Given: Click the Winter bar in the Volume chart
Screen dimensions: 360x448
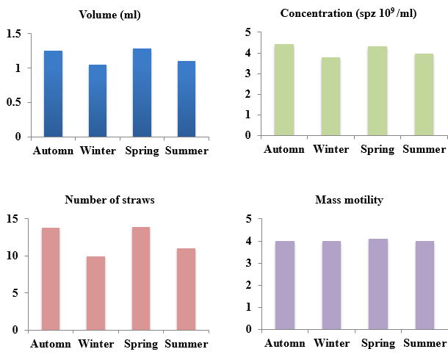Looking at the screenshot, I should tap(98, 101).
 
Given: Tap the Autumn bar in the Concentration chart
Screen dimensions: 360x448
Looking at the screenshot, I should tap(283, 90).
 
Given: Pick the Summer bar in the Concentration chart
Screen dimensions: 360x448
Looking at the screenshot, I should tap(424, 94).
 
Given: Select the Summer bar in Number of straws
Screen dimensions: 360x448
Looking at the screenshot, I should tap(187, 289).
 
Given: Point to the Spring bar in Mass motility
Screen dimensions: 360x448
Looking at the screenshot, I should tap(377, 284).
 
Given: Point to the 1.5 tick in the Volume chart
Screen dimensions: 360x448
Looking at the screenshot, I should tap(14, 34).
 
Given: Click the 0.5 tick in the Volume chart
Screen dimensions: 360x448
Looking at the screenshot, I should tap(14, 102).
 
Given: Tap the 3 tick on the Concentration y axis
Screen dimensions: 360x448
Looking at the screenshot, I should tap(248, 73).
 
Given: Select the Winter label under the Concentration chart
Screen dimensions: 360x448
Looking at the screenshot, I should tap(330, 150).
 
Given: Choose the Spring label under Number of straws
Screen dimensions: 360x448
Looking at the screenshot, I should tap(142, 343).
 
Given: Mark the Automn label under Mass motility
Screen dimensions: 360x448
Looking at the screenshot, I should tap(284, 343).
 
